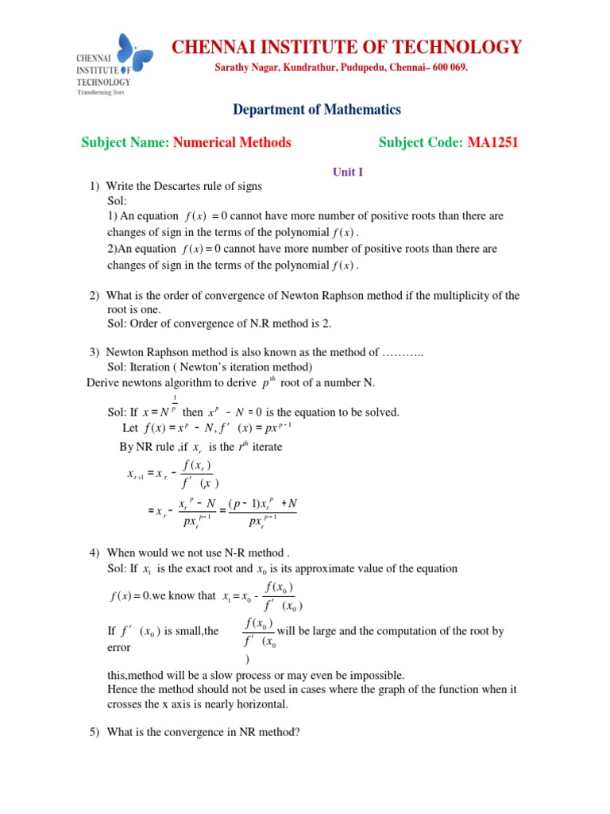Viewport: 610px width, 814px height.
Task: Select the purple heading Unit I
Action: (347, 171)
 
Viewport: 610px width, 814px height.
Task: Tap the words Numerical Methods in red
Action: (232, 143)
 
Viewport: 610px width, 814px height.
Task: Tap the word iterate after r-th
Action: (267, 447)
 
